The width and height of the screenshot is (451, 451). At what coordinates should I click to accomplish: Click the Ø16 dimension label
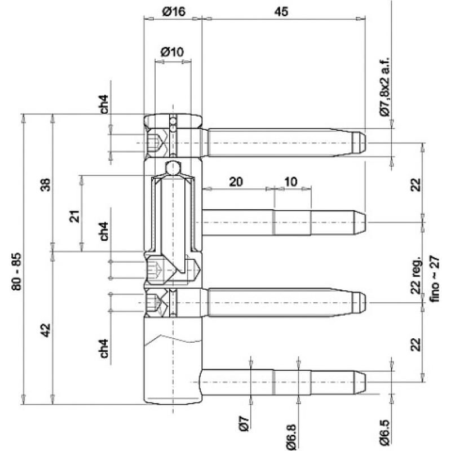coord(174,12)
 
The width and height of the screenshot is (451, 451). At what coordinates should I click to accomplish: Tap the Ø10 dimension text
coord(172,51)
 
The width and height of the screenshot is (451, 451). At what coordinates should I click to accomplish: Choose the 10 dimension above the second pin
coord(291,182)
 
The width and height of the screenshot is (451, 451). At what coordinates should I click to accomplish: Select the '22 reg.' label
coord(416,277)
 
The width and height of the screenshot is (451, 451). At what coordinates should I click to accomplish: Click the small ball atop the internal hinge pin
coord(173,167)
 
